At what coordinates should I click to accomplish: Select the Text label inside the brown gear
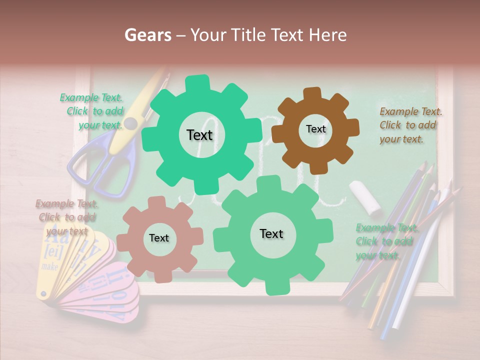pos(315,129)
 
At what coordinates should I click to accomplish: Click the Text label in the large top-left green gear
pos(199,135)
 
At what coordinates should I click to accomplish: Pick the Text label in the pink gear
pos(159,238)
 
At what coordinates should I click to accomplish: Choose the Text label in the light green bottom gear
pos(271,233)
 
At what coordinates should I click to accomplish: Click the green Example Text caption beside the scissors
pos(93,111)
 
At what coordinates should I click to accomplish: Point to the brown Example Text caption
pos(410,125)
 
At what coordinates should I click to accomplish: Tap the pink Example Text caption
pos(66,217)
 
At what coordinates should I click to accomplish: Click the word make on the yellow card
pos(49,266)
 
